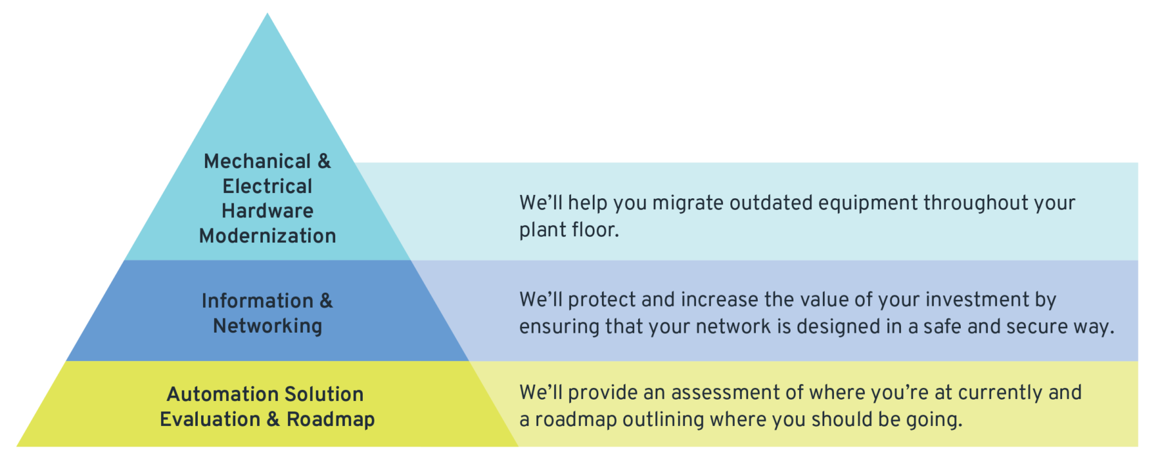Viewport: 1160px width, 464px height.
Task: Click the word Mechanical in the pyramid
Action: pyautogui.click(x=257, y=161)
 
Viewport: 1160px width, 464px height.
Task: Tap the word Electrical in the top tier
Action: pyautogui.click(x=267, y=186)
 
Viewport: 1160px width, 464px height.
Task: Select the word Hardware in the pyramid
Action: pyautogui.click(x=267, y=210)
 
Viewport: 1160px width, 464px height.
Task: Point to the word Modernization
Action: pyautogui.click(x=267, y=236)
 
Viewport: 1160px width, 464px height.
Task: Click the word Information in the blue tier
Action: pyautogui.click(x=257, y=301)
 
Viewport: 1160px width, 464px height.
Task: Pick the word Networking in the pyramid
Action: pyautogui.click(x=267, y=326)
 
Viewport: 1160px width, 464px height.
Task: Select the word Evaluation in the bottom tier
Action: pyautogui.click(x=210, y=419)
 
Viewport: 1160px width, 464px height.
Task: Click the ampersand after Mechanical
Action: pyautogui.click(x=324, y=161)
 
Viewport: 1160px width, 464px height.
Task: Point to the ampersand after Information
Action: pyautogui.click(x=326, y=301)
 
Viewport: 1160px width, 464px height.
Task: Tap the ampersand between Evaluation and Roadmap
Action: pyautogui.click(x=273, y=419)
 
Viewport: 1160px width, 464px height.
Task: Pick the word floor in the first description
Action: pyautogui.click(x=592, y=230)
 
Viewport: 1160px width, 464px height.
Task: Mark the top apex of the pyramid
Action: pyautogui.click(x=267, y=14)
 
